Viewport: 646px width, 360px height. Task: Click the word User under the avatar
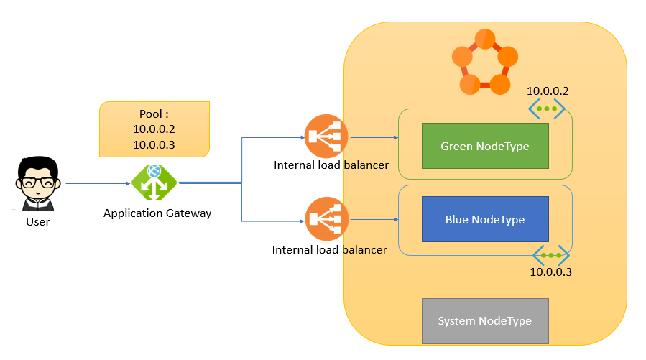pos(37,221)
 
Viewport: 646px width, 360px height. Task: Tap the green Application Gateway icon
pos(154,183)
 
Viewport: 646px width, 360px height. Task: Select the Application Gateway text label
pos(157,213)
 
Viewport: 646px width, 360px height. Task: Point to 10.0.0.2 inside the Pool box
pos(154,129)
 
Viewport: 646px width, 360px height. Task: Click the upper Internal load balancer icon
pos(326,137)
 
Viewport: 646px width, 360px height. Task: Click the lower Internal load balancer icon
pos(326,220)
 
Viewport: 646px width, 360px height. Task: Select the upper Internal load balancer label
pos(331,165)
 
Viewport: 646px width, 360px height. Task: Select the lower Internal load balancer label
pos(330,250)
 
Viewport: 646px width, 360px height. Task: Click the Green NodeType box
pos(484,147)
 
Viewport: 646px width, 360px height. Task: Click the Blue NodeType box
pos(484,219)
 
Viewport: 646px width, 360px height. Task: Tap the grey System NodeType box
pos(484,320)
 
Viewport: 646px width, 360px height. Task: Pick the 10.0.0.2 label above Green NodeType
pos(548,91)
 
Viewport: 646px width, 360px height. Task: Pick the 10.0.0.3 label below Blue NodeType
pos(550,272)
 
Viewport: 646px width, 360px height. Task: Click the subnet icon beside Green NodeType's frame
pos(548,109)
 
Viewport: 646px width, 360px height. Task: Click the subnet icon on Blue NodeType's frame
pos(551,256)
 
